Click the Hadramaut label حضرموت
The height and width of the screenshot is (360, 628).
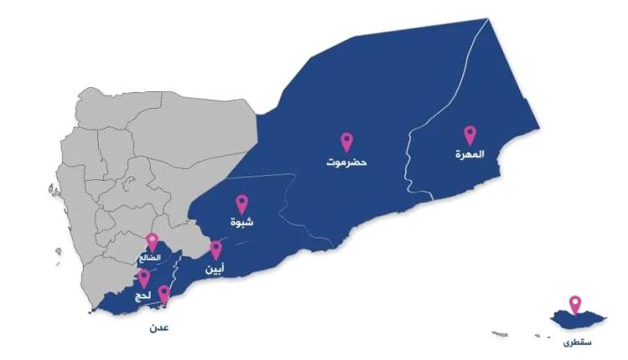pos(347,160)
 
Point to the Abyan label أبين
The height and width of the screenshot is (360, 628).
pos(215,269)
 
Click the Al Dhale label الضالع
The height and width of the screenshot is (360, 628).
pos(152,258)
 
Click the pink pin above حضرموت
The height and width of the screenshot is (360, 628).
pos(347,141)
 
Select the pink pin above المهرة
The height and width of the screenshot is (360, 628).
pos(470,134)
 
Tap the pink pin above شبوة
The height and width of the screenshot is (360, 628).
pos(242,203)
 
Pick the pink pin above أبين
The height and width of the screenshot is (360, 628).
pos(215,249)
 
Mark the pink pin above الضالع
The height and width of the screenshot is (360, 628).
pos(152,241)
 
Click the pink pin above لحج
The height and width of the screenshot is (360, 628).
pos(144,277)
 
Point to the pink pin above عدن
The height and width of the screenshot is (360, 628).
pos(164,294)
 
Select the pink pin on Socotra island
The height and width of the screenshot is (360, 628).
pos(574,304)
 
